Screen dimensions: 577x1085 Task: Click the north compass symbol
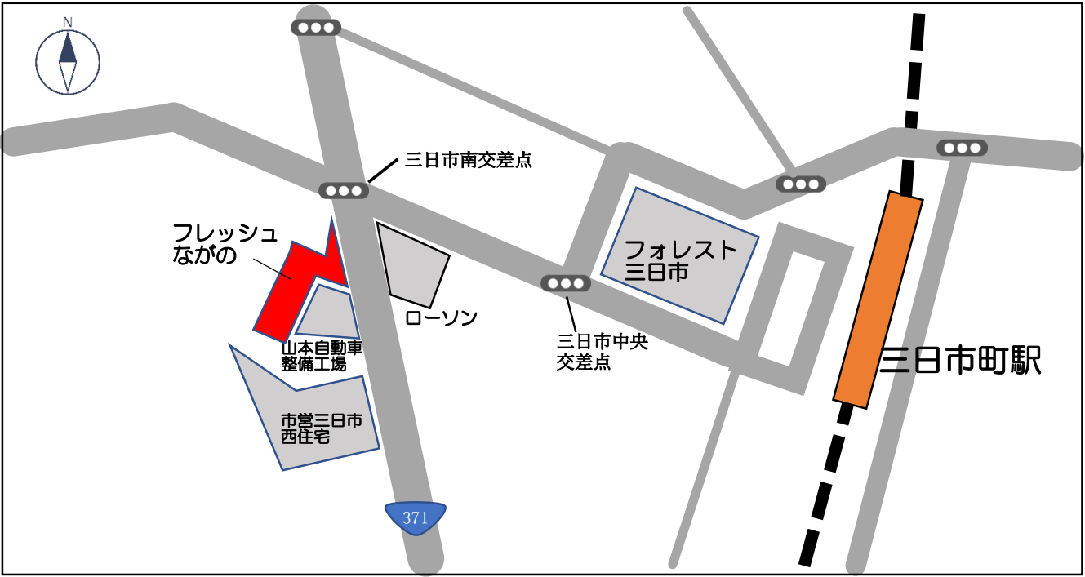(68, 62)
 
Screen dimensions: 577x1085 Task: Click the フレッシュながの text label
(225, 244)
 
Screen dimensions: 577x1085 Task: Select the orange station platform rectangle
(878, 299)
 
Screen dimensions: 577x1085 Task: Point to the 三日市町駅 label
(961, 360)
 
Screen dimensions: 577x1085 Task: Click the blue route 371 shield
(416, 517)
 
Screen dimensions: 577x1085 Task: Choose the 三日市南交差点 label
(469, 161)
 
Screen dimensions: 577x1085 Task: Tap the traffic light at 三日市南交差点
(343, 191)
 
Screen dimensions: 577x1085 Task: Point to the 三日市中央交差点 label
(602, 352)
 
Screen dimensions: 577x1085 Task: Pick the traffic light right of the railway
(961, 148)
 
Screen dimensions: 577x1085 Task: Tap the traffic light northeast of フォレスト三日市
(800, 184)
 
